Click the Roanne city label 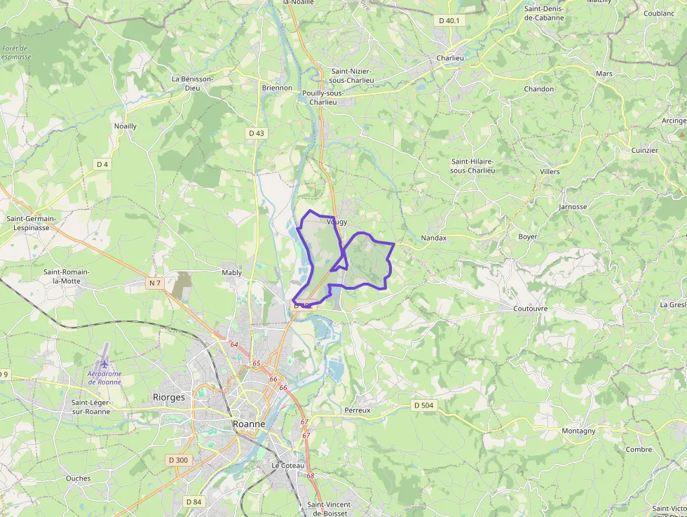249,424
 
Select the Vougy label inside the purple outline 336,222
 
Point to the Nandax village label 433,238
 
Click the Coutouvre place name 530,308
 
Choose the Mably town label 231,272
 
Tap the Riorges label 169,397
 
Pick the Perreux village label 357,410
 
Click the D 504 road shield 423,405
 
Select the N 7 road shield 155,283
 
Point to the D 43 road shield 257,133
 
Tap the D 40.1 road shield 449,20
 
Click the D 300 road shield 178,460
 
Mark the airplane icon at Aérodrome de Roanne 105,363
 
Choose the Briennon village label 277,88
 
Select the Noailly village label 125,126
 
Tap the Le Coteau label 288,466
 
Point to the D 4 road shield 103,164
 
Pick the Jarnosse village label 573,207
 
